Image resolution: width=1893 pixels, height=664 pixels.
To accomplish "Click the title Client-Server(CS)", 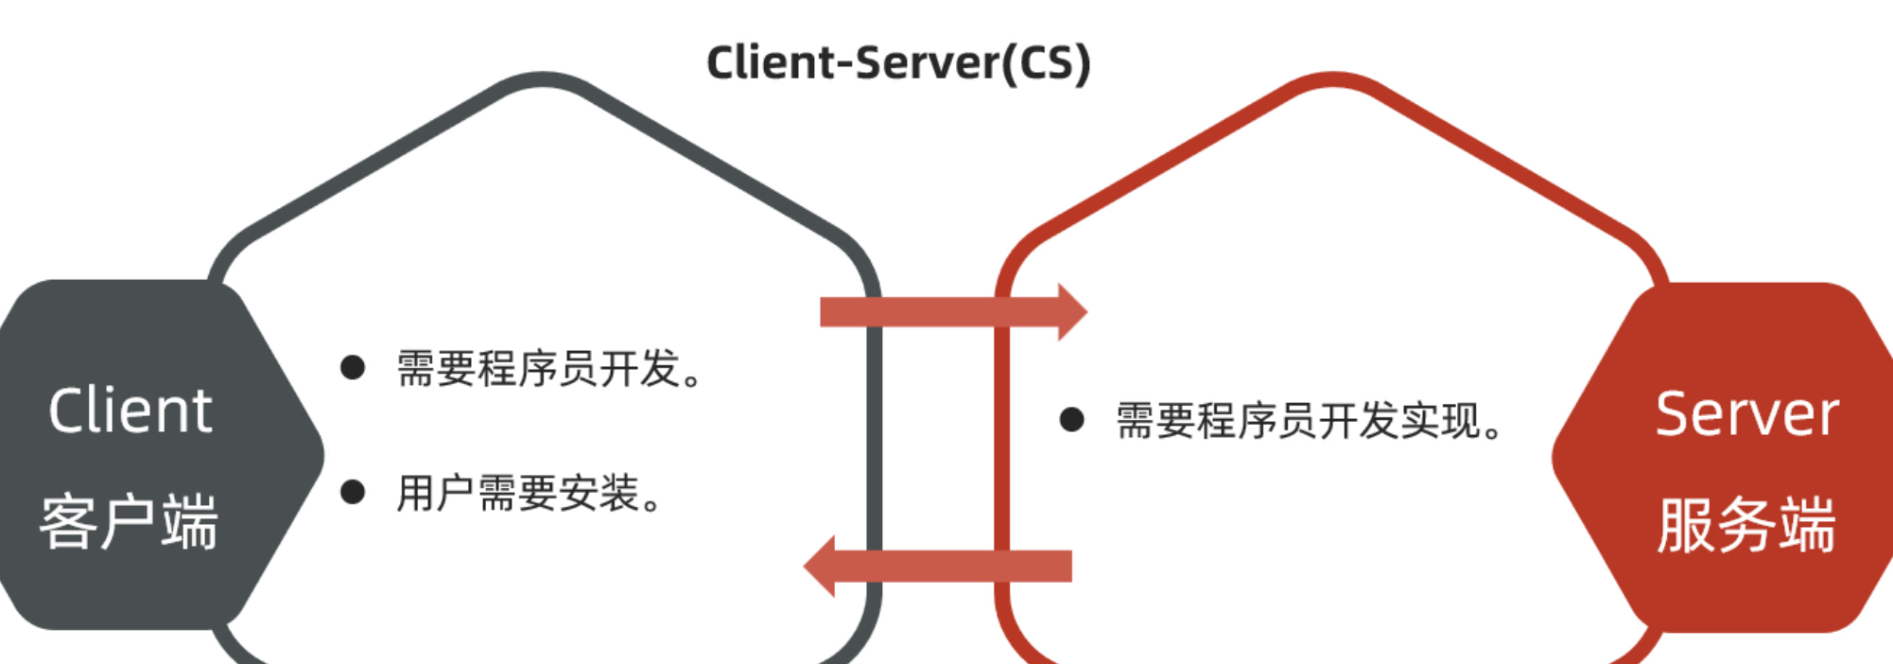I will click(x=898, y=62).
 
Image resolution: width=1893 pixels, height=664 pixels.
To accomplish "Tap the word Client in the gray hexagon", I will click(x=130, y=411).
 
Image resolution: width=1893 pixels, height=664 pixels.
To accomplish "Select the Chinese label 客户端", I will click(x=129, y=521).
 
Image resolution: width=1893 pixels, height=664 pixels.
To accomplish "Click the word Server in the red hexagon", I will click(x=1747, y=413).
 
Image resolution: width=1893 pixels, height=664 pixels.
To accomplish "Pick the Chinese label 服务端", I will click(x=1746, y=525).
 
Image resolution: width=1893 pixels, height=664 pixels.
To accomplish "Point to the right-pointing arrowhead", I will click(x=1072, y=311).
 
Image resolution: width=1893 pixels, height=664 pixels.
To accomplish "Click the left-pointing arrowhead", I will click(x=819, y=567).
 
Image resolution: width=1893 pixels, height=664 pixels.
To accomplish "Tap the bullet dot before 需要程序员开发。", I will click(x=353, y=368).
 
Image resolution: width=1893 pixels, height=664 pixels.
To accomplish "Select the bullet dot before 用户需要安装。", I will click(x=353, y=492).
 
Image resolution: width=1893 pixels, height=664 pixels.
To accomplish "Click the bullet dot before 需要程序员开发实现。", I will click(x=1071, y=420).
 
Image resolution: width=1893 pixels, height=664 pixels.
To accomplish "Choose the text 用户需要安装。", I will click(x=530, y=494).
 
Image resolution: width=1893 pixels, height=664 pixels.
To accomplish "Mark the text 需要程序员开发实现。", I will click(x=1309, y=421).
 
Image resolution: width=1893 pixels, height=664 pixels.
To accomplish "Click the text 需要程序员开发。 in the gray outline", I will click(x=548, y=369).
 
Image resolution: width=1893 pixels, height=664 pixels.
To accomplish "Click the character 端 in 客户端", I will click(x=189, y=521).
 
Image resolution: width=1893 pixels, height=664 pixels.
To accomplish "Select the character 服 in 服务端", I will click(x=1686, y=525).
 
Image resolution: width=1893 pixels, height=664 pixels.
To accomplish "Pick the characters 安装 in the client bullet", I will click(x=599, y=494).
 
